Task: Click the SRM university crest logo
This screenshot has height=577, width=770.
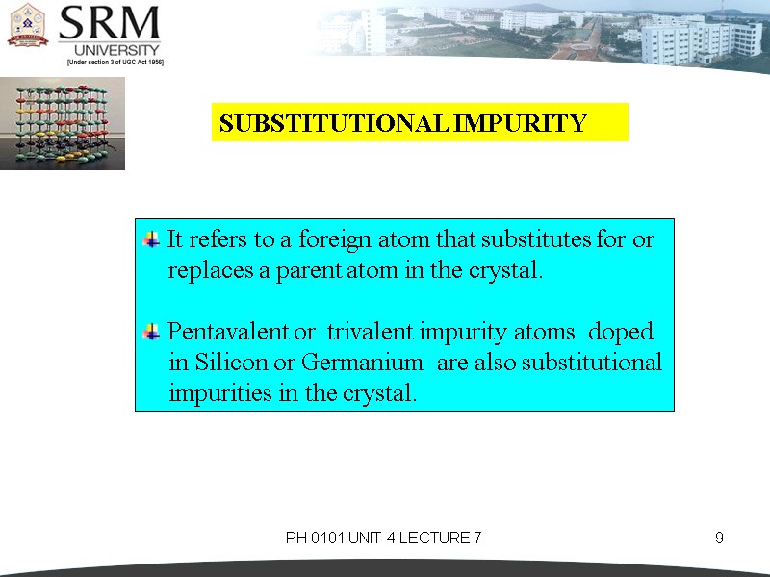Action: [27, 26]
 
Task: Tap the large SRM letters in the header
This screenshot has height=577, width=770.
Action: [109, 23]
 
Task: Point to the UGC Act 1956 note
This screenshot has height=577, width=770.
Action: [115, 62]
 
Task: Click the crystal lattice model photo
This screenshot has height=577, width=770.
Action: [62, 124]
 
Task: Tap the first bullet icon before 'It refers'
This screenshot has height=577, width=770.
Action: [151, 238]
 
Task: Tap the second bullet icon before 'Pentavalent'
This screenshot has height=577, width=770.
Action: [151, 332]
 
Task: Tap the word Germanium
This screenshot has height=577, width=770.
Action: [362, 363]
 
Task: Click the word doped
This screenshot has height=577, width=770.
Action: [620, 332]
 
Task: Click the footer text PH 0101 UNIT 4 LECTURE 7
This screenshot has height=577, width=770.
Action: [383, 538]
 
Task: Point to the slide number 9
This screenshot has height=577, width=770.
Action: [719, 538]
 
